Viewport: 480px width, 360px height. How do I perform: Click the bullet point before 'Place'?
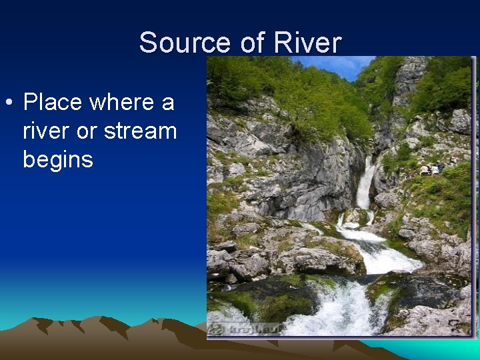9,103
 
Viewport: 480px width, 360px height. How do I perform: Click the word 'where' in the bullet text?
120,103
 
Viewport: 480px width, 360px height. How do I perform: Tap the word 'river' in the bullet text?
47,131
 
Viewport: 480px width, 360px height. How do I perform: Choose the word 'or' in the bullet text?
87,131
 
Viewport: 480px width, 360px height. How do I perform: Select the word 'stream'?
141,131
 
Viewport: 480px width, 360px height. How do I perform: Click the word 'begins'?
57,160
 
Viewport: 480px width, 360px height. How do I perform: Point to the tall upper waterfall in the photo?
365,183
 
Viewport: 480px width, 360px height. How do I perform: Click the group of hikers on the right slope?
430,169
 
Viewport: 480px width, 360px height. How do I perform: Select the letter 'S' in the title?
147,43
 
